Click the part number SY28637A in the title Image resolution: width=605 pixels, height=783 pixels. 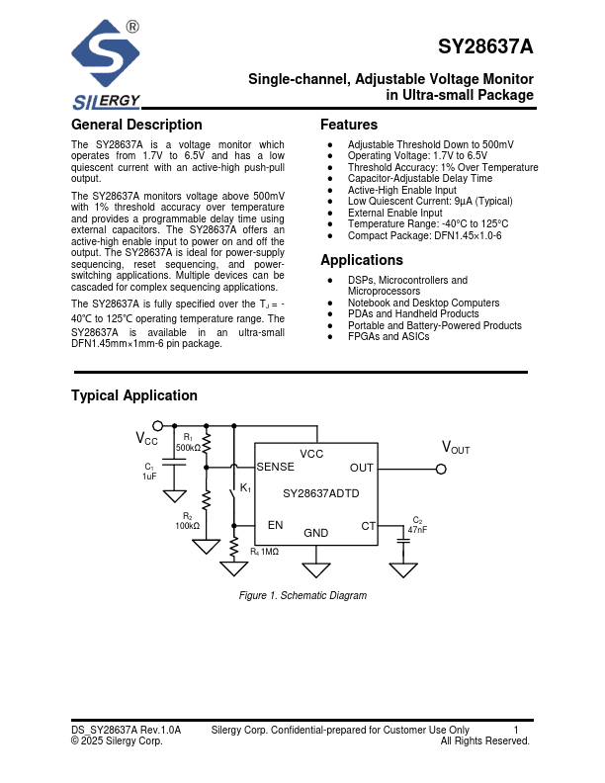click(485, 47)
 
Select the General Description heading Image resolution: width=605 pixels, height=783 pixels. click(136, 125)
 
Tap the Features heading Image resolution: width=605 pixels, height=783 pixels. click(349, 125)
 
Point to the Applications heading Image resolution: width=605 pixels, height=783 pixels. click(362, 260)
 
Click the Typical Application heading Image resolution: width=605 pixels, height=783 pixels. click(134, 395)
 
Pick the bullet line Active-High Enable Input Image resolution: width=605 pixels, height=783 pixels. click(401, 190)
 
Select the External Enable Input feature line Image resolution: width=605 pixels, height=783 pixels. click(394, 213)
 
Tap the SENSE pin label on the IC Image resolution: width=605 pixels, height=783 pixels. click(276, 467)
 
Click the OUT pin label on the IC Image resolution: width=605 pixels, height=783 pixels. click(362, 467)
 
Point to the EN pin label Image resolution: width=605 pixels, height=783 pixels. click(275, 525)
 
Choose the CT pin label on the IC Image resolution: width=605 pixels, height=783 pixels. click(368, 526)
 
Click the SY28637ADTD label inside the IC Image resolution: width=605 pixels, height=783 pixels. click(320, 492)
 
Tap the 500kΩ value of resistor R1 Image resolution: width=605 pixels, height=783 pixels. click(188, 448)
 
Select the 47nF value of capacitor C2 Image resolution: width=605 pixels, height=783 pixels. click(417, 531)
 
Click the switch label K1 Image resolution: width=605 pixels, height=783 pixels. click(246, 489)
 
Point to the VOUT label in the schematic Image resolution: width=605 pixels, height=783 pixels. click(455, 448)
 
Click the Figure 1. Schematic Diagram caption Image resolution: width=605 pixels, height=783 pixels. click(302, 595)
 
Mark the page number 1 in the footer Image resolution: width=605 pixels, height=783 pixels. click(516, 730)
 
